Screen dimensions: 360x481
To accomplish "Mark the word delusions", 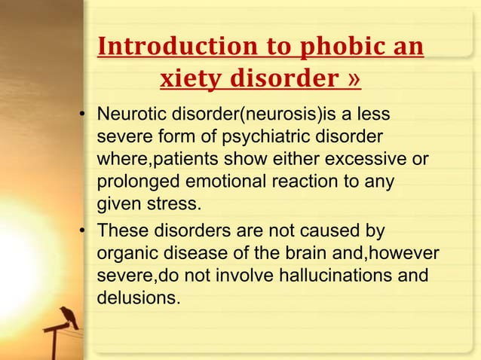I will coord(138,299).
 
